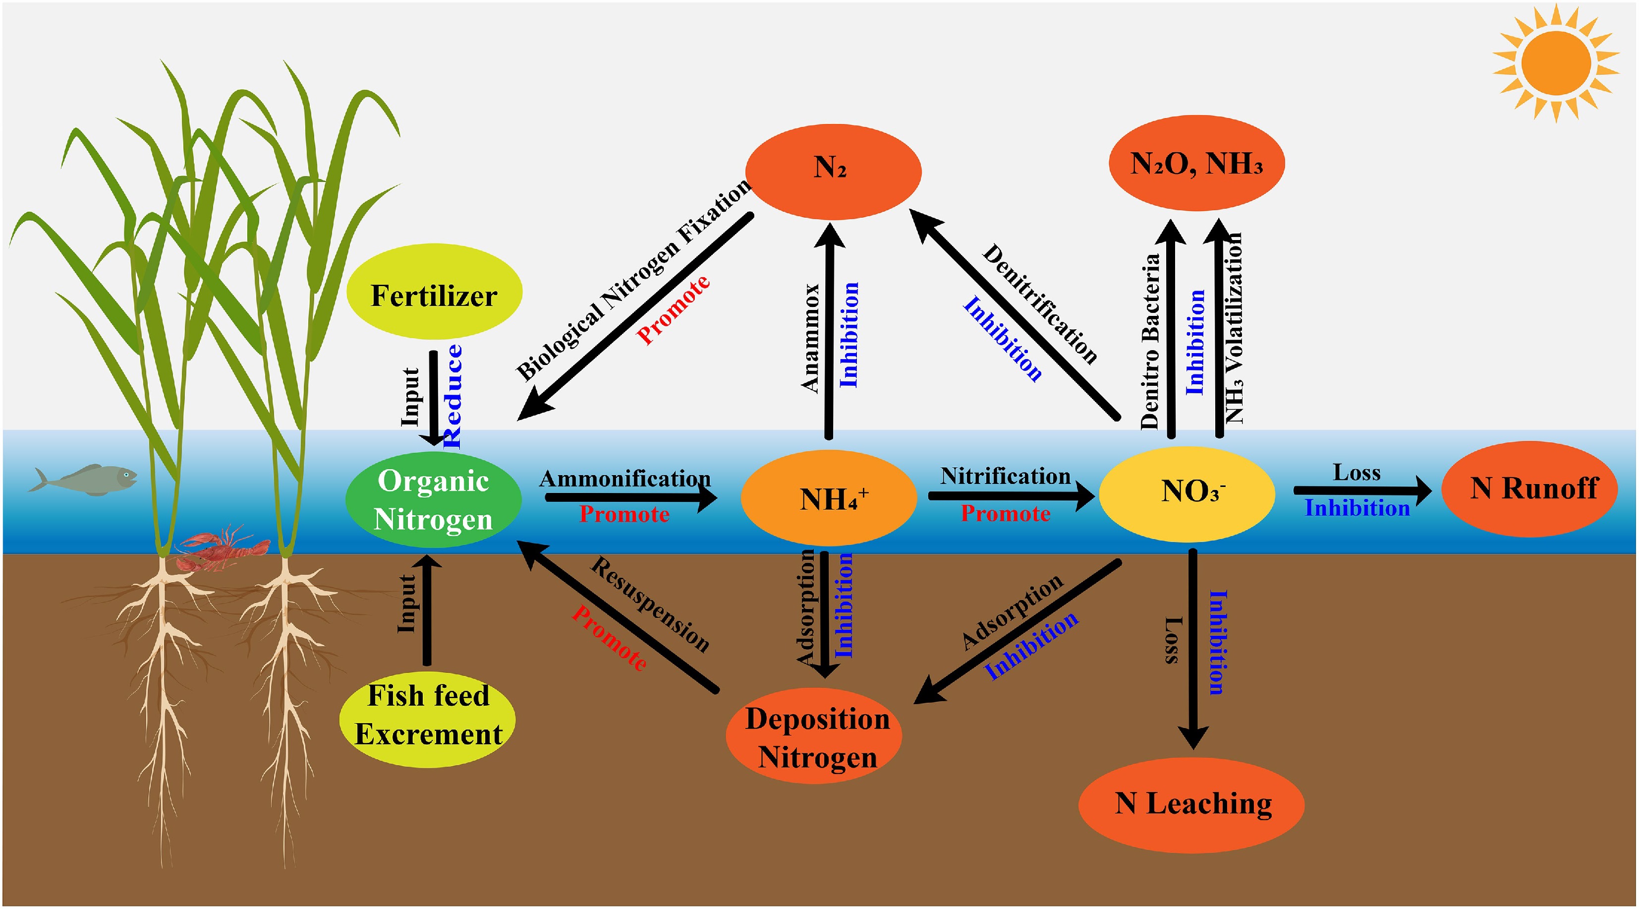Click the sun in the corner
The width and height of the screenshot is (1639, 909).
(1556, 63)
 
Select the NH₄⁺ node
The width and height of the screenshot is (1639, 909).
(828, 498)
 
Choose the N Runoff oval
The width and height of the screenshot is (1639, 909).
(1529, 489)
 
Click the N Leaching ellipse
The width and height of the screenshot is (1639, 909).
(1191, 804)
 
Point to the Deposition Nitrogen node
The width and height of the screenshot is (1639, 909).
(814, 737)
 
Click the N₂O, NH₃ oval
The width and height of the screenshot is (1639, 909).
(1196, 164)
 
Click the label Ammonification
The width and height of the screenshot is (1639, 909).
(625, 479)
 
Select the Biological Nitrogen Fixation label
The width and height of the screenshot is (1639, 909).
(633, 280)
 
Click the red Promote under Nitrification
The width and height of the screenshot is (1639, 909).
(1005, 514)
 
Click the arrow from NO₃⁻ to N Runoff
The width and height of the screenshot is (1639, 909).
(1361, 491)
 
